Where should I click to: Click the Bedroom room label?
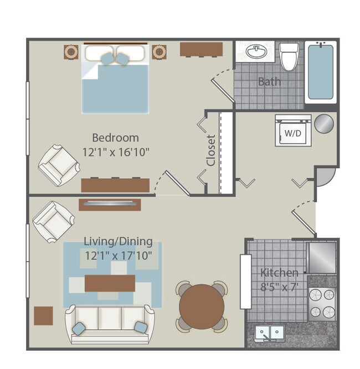(115, 137)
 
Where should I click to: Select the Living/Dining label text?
(118, 241)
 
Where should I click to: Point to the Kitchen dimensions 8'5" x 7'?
(280, 287)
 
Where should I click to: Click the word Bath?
(269, 82)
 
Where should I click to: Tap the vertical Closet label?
(211, 150)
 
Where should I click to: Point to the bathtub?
(321, 72)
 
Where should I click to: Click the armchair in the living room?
(54, 221)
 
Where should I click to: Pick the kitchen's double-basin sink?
(269, 332)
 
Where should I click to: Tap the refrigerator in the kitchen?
(322, 257)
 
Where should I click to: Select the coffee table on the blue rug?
(110, 283)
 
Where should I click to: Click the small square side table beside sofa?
(43, 315)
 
